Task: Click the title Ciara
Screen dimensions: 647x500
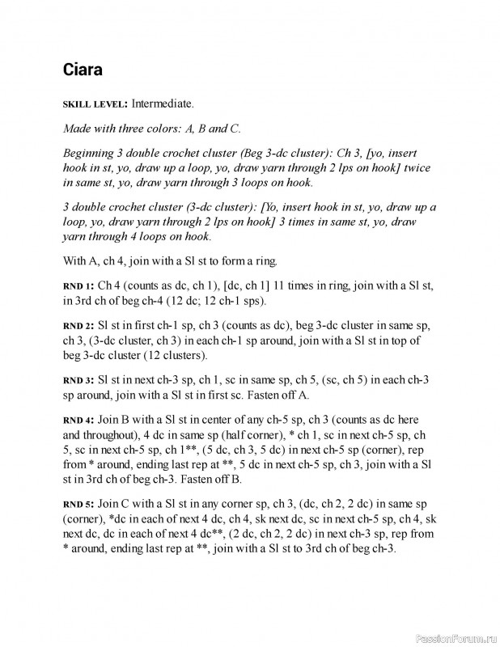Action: coord(83,70)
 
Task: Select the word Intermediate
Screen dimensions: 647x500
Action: coord(162,104)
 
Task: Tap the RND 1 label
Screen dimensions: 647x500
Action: coord(78,286)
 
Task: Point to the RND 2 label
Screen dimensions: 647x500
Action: coord(78,326)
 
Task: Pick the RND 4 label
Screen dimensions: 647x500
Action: coord(78,421)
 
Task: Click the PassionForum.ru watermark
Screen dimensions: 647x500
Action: coord(453,637)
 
